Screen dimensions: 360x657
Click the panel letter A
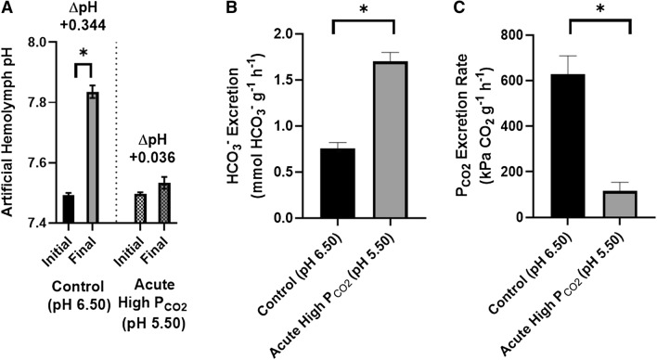click(x=7, y=9)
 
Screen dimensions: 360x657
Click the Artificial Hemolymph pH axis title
click(x=11, y=130)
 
